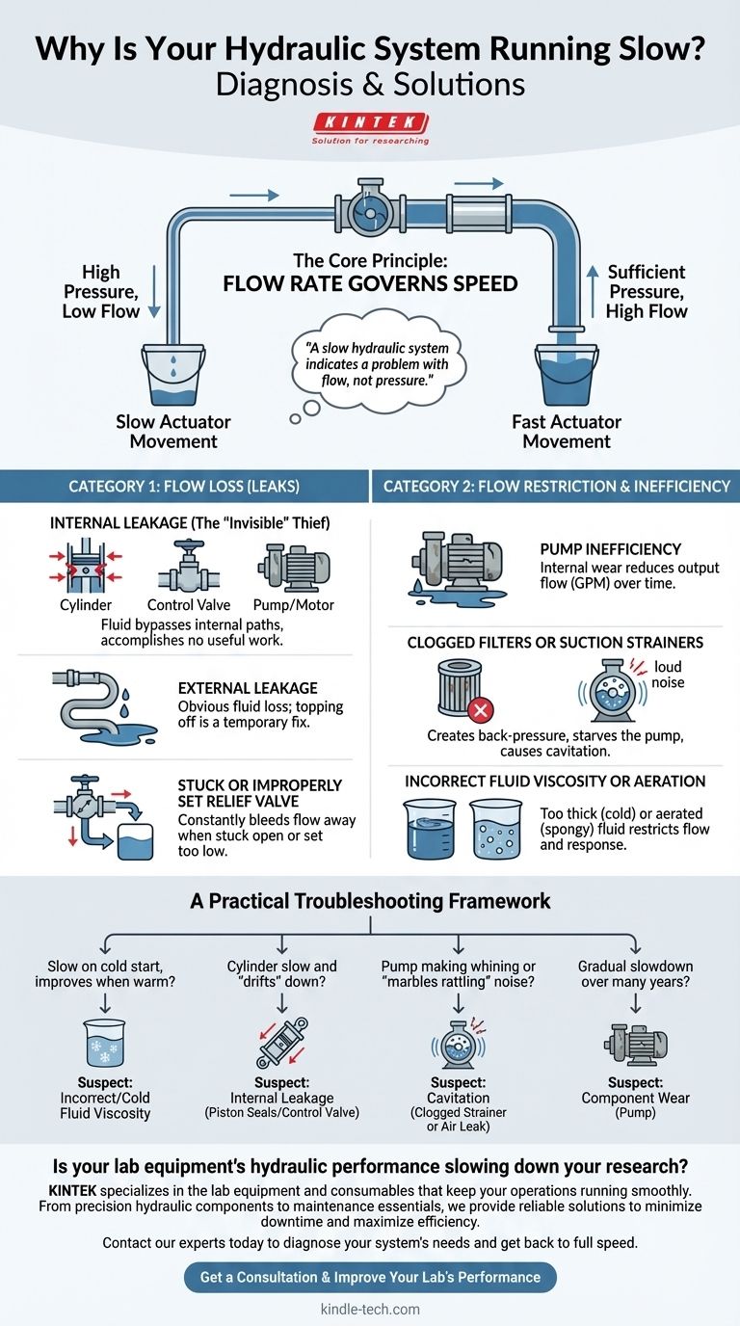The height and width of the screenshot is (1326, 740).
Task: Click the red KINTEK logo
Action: point(370,122)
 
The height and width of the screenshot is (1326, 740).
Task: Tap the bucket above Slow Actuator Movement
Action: point(172,375)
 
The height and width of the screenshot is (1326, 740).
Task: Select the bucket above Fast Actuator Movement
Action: point(567,375)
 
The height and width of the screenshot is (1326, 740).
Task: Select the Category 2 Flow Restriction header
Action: point(556,486)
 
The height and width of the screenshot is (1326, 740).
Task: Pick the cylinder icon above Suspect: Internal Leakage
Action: point(281,1042)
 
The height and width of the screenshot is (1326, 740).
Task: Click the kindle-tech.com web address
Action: point(370,1310)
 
